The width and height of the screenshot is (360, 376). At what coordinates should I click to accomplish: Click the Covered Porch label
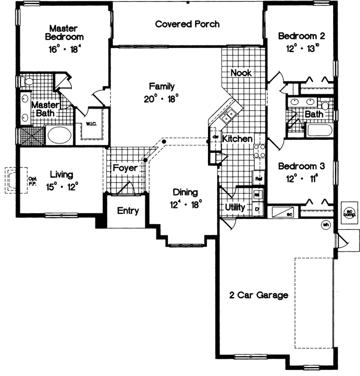[187, 24]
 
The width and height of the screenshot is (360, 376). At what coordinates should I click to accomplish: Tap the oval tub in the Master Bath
[59, 135]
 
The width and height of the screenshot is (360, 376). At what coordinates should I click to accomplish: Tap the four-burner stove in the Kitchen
[260, 151]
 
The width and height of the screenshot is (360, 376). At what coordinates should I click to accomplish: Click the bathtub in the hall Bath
[318, 130]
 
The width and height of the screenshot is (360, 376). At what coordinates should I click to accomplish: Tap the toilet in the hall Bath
[325, 105]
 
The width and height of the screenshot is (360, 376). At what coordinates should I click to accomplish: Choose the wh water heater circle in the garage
[326, 224]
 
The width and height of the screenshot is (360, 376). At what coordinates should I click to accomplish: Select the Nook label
[241, 73]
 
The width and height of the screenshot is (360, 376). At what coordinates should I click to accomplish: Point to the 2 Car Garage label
[259, 295]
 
